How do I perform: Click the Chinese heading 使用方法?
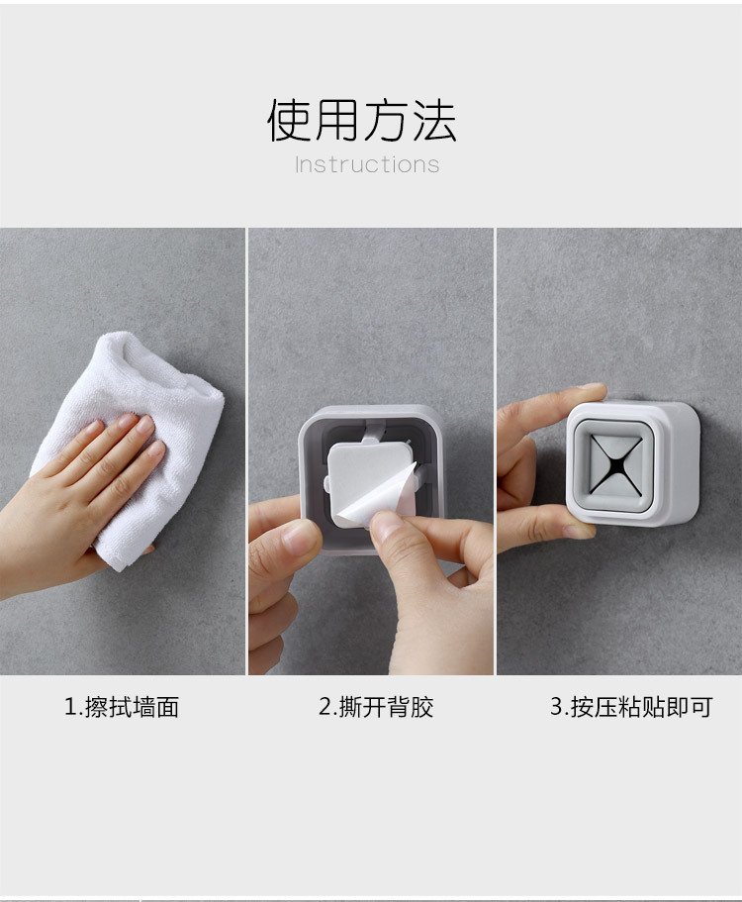tap(362, 120)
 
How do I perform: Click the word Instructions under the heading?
tap(367, 165)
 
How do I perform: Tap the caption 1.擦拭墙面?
tap(122, 707)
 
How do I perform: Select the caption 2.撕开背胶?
tap(376, 707)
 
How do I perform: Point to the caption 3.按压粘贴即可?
tap(631, 707)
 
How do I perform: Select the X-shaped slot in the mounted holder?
tap(615, 463)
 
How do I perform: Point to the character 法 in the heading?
tap(434, 120)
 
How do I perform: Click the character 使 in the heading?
tap(289, 120)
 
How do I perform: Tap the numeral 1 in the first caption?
tap(70, 707)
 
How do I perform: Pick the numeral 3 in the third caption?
tap(556, 707)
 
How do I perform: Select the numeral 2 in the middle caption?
tap(325, 707)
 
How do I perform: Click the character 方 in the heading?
tap(386, 120)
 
